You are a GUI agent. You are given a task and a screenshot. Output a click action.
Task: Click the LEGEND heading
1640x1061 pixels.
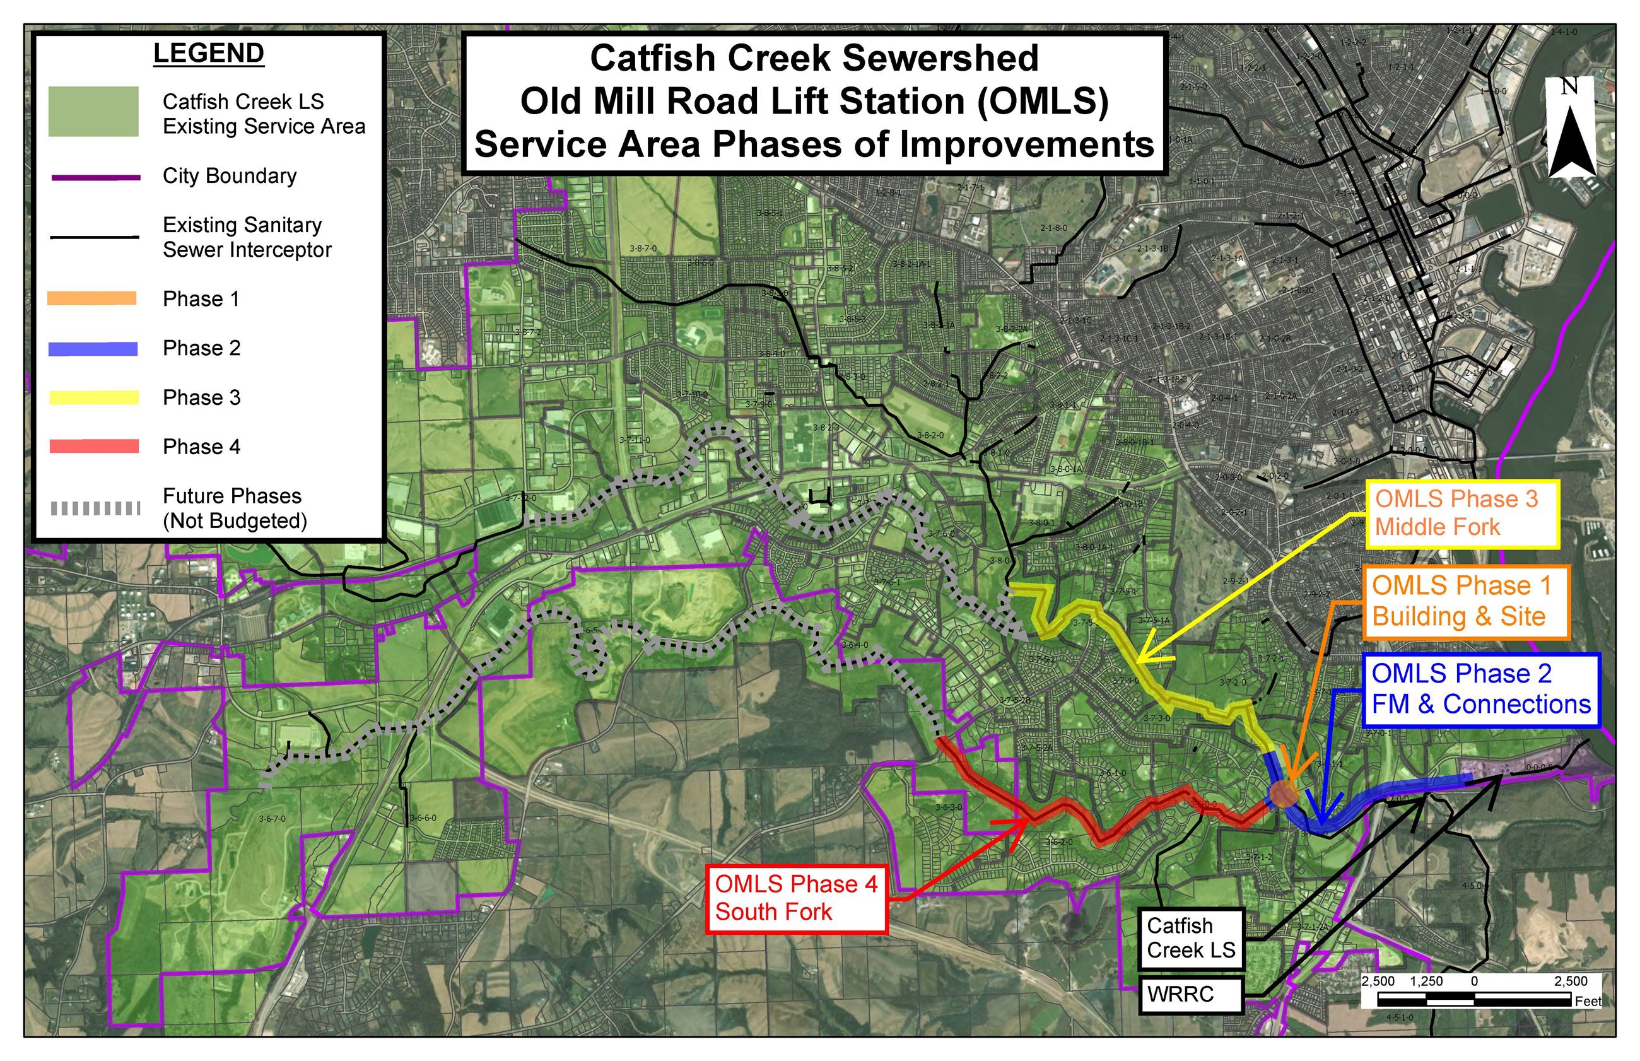pyautogui.click(x=208, y=54)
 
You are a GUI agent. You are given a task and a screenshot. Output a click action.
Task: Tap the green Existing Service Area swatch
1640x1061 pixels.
pyautogui.click(x=93, y=112)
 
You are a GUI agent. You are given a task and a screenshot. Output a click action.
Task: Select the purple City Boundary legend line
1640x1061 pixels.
pyautogui.click(x=96, y=178)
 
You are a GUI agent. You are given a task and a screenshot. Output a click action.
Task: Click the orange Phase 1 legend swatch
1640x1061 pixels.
pyautogui.click(x=91, y=298)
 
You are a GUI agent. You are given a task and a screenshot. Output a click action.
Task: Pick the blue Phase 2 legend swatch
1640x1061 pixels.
pyautogui.click(x=93, y=349)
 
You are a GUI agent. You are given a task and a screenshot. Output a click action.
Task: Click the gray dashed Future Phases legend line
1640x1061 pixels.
pyautogui.click(x=96, y=508)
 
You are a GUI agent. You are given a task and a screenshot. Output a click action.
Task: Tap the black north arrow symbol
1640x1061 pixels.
pyautogui.click(x=1572, y=141)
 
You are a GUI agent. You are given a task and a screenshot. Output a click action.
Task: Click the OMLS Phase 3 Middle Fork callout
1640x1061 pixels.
pyautogui.click(x=1461, y=513)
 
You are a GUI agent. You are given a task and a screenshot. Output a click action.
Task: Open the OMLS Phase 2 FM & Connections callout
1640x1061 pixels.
pyautogui.click(x=1481, y=689)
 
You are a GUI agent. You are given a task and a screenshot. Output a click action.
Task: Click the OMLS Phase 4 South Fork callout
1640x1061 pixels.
pyautogui.click(x=796, y=898)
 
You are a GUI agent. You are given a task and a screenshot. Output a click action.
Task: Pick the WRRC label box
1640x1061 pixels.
pyautogui.click(x=1190, y=994)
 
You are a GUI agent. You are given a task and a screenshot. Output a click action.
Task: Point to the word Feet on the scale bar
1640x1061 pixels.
pyautogui.click(x=1588, y=1001)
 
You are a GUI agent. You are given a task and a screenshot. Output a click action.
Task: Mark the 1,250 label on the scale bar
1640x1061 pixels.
pyautogui.click(x=1426, y=981)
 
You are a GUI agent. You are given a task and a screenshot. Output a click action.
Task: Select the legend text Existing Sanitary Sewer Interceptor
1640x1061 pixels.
pyautogui.click(x=247, y=237)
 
